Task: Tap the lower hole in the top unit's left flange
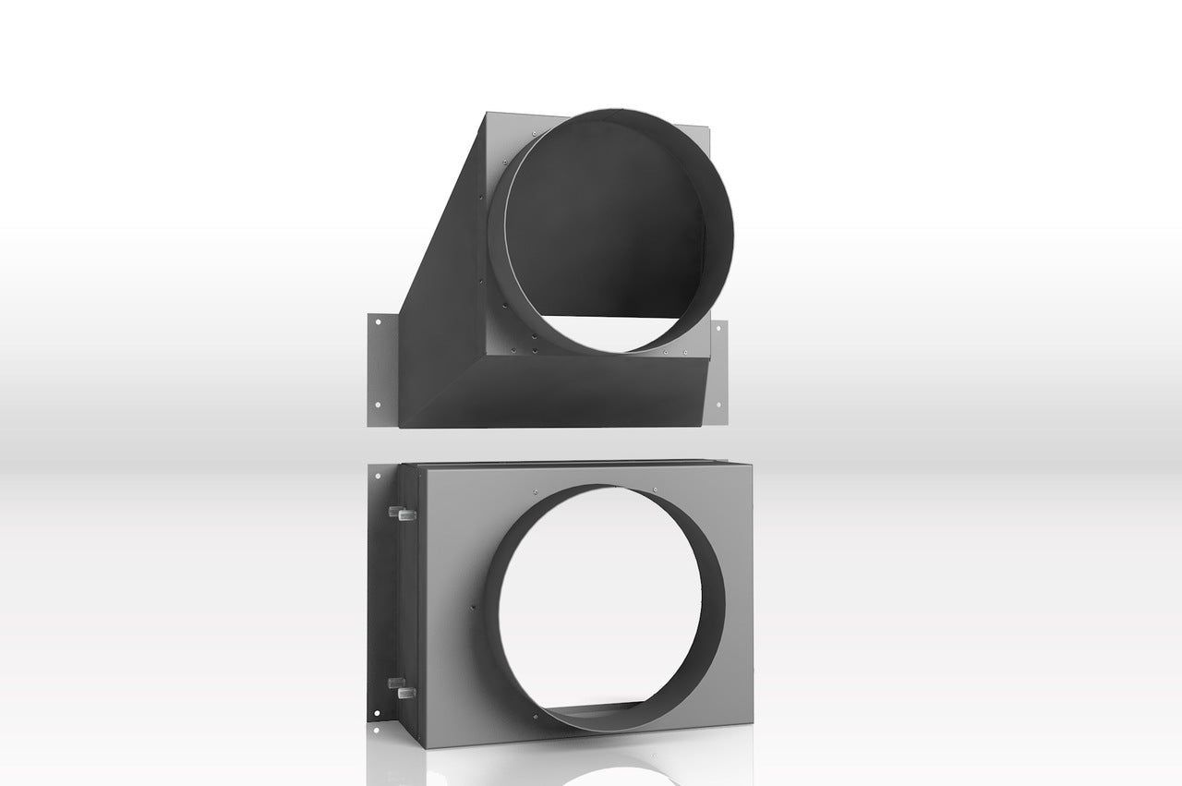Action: (377, 405)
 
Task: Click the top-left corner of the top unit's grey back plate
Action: (488, 115)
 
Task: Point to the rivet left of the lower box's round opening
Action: (473, 607)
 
